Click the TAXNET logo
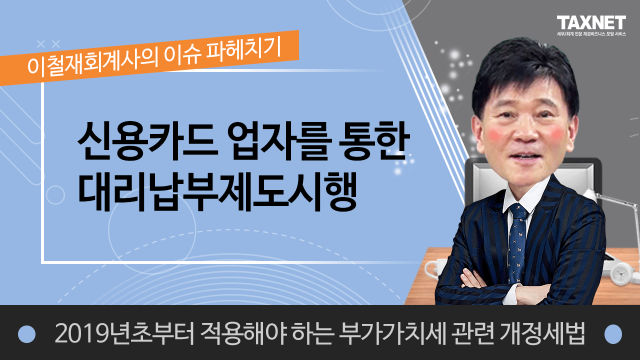coord(591,22)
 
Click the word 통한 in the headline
coord(373,141)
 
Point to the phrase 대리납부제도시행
coord(217,191)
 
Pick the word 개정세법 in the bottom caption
coord(542,333)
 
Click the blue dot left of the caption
coord(26,333)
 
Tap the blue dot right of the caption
coord(613,333)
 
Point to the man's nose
coord(525,132)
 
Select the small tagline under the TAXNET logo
coord(591,34)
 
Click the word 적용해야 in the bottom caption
coord(243,333)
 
